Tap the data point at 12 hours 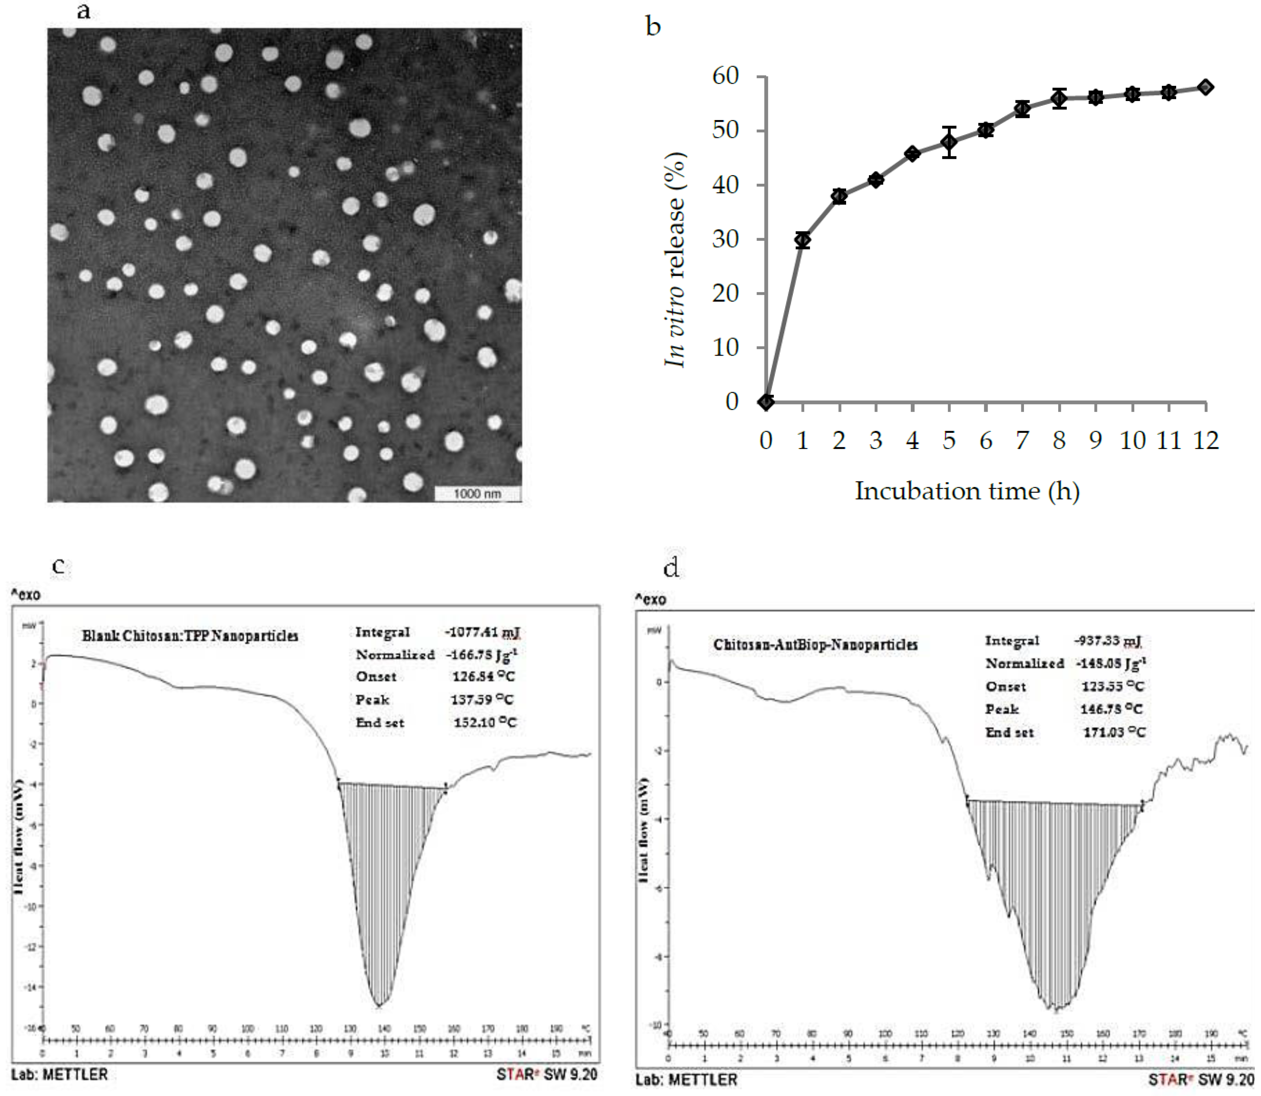1205,88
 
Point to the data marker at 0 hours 766,402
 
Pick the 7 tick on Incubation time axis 1022,440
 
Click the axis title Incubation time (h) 967,491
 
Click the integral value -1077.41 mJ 483,632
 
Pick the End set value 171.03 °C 1114,732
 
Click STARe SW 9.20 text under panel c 546,1074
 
